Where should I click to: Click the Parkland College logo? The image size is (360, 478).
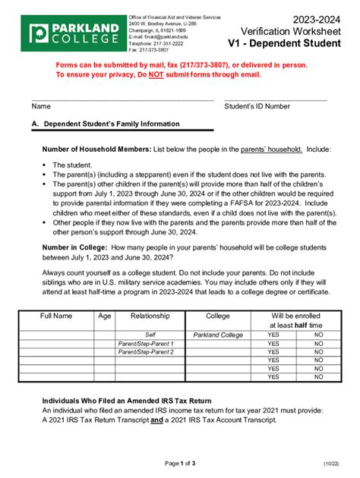pos(74,33)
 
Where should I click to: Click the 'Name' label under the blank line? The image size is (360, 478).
pos(40,107)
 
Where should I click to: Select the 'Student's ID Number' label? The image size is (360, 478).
pos(257,107)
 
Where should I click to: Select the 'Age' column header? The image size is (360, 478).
pos(103,315)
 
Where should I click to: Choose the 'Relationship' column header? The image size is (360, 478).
pos(150,315)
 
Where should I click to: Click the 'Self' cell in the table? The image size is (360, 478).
pos(150,334)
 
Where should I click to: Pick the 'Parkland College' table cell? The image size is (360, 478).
pos(218,334)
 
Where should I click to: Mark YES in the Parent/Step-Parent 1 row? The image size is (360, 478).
pos(273,343)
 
